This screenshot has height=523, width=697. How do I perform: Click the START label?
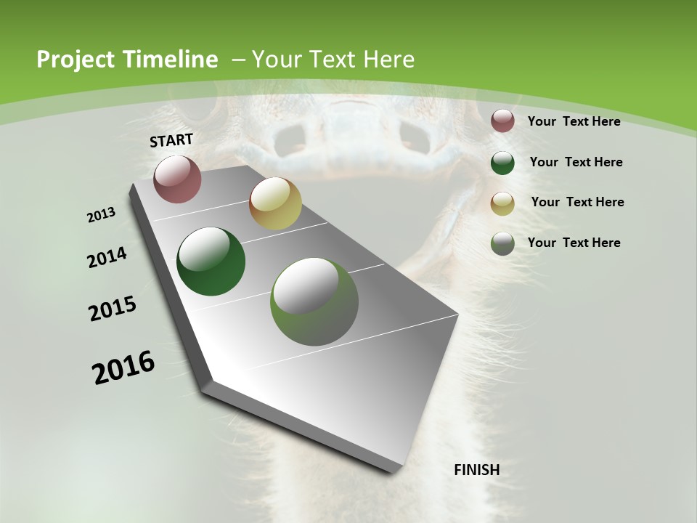pos(171,140)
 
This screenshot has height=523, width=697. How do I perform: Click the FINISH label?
pos(476,470)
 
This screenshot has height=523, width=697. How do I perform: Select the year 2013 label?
pos(101,215)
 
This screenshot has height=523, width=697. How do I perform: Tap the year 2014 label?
pos(107,258)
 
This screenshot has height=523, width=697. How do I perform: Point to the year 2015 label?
pos(113,309)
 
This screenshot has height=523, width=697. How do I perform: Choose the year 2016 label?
pos(123,368)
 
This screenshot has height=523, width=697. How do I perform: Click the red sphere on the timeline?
pos(177,179)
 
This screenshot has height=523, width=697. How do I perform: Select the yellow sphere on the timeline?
pos(275,203)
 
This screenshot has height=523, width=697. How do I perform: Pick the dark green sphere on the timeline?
pos(211,261)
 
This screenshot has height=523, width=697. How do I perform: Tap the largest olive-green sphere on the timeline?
pos(314,301)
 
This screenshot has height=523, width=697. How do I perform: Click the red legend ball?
pos(502,121)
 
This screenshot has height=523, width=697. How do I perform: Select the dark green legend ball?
pos(502,163)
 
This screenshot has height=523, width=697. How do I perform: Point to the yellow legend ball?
pos(502,203)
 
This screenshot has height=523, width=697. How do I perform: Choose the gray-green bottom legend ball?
pos(502,243)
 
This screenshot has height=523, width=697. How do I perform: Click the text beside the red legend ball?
pos(574,121)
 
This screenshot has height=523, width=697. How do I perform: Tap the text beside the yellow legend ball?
pos(577,202)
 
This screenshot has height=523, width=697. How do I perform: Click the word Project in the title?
pos(76,60)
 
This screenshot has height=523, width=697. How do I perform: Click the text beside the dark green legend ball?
pos(576,162)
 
